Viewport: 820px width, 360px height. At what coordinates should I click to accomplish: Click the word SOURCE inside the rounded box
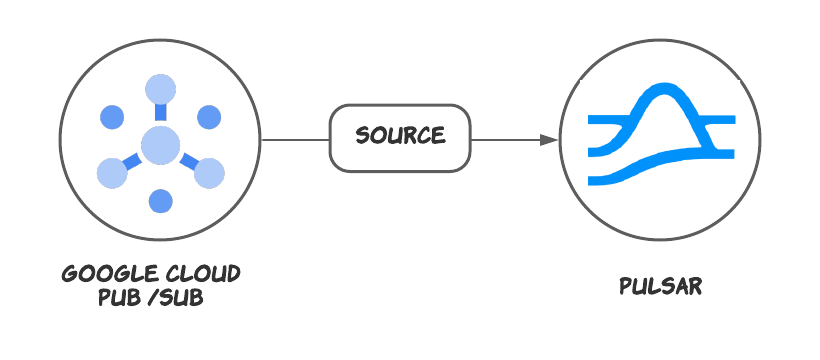coord(400,136)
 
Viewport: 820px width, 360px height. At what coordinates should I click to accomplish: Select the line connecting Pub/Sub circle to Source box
coord(294,140)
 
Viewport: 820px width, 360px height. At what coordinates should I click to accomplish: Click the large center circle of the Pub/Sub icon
coord(159,146)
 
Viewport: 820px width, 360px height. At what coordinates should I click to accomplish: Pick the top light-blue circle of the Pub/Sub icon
coord(160,89)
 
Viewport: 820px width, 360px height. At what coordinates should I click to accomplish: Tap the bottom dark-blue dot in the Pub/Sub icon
coord(160,201)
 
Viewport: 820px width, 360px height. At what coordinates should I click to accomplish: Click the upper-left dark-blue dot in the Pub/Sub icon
coord(111,117)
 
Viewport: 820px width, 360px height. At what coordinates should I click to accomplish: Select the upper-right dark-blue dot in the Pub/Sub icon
coord(208,117)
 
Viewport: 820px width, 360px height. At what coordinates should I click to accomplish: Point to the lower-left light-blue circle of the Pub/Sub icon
coord(111,173)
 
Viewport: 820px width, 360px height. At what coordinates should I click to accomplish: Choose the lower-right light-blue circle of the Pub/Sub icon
coord(209,173)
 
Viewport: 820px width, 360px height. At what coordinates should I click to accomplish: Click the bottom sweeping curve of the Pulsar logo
coord(640,167)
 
